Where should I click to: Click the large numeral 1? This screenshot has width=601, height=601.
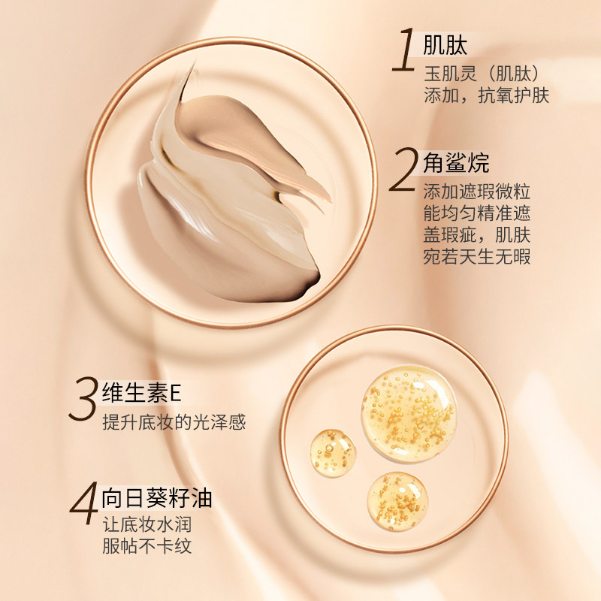[404, 50]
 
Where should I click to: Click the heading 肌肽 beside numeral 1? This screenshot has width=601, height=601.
[445, 46]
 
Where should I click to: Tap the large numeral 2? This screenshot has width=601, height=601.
[403, 170]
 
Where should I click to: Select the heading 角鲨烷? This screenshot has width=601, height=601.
[456, 163]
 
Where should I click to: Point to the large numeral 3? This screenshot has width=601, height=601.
[83, 399]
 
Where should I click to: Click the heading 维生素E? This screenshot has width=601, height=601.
[141, 392]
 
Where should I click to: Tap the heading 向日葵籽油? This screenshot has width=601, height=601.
[157, 498]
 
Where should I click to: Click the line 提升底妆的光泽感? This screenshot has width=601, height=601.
[174, 422]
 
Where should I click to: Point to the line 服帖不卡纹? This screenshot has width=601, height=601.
[146, 546]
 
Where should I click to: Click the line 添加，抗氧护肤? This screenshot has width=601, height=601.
[486, 95]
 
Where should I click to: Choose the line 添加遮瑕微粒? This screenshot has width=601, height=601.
[477, 192]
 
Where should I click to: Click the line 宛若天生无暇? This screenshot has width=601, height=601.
[477, 256]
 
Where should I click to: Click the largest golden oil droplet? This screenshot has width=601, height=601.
[409, 413]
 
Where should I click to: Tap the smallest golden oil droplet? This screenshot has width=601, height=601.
[332, 453]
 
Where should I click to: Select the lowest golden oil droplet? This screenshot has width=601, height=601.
[397, 501]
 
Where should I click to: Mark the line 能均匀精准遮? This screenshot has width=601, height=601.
[477, 213]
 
